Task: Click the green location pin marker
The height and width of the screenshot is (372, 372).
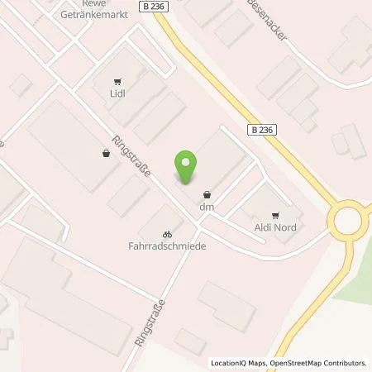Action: point(186,167)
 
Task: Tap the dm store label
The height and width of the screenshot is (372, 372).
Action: point(207,208)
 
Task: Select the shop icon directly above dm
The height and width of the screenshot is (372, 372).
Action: point(206,195)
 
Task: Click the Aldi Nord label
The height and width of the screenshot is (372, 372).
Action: point(275,225)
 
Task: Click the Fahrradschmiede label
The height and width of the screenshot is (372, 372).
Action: point(167,246)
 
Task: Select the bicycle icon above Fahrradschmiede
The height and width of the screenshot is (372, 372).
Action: point(167,233)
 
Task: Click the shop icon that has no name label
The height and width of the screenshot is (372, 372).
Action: point(105,152)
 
